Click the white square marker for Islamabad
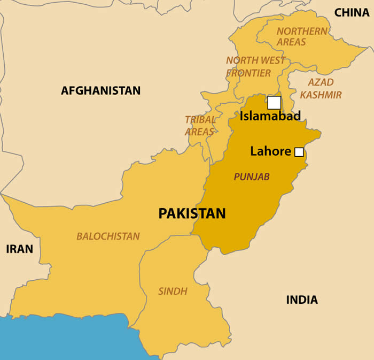point(274,103)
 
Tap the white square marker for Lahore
point(299,152)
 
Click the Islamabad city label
point(270,116)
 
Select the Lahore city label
point(270,151)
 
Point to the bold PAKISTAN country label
point(192,213)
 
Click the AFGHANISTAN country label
point(100,90)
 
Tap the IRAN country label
point(20,249)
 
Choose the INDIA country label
point(302,300)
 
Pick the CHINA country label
point(352,12)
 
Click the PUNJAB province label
point(252,177)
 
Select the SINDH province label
point(173,292)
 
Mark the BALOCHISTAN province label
point(108,236)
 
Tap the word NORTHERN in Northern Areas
point(302,31)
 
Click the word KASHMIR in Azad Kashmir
point(321,95)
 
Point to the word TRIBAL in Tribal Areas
point(200,120)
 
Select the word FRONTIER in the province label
point(248,73)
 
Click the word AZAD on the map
point(321,82)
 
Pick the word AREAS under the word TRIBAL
point(199,132)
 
